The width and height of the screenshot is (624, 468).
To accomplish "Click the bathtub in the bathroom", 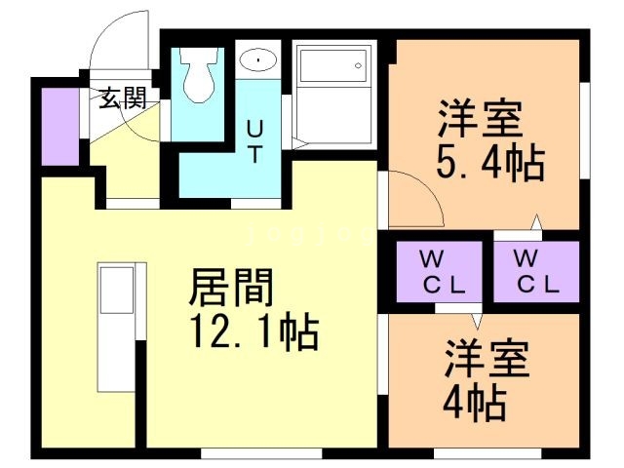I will (335, 67).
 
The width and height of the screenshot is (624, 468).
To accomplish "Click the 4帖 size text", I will (475, 400).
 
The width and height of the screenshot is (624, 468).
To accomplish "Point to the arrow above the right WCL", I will (535, 223).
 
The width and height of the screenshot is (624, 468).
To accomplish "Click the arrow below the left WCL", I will (477, 319).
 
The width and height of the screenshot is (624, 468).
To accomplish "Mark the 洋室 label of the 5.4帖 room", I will (478, 121).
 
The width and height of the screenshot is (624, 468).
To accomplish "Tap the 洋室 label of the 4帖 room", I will (487, 359).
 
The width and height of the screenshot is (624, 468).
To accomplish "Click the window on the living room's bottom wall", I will (260, 453).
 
